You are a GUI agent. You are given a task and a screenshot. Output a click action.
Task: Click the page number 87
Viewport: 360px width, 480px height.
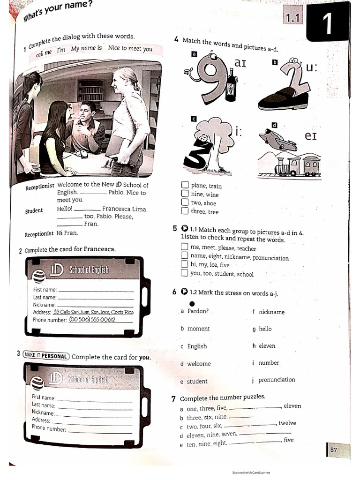(333, 450)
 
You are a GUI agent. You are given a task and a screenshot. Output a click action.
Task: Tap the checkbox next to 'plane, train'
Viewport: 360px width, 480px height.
(185, 186)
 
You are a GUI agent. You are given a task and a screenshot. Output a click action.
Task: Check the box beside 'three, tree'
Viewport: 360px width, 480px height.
(185, 211)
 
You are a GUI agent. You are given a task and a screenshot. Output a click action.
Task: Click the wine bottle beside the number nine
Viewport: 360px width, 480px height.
(230, 85)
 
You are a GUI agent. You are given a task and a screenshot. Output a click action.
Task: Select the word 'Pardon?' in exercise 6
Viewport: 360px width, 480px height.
(198, 311)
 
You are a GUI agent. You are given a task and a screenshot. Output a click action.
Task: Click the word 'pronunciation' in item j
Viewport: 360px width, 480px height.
(277, 380)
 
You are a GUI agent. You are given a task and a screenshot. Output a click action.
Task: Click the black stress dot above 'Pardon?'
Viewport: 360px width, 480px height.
(192, 302)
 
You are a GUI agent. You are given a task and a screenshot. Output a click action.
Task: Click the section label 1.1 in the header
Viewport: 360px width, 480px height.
(292, 18)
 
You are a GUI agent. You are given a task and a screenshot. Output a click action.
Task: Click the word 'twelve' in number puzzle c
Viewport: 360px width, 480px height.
(287, 423)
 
